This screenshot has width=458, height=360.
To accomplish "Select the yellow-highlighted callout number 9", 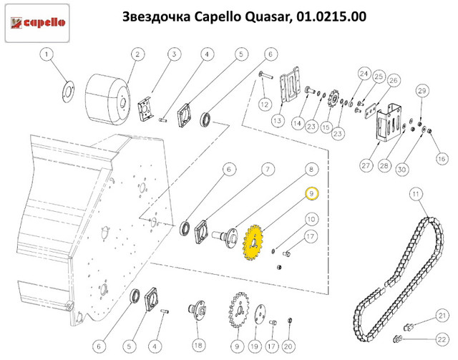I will coord(312,193).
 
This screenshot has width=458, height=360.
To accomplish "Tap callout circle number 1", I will coord(47,54).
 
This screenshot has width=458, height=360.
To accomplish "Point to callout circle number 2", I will coord(137,54).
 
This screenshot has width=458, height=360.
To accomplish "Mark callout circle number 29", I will coord(422,91).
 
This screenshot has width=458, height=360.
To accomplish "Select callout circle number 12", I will coord(263,104).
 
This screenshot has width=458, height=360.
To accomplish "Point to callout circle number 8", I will coord(311,170).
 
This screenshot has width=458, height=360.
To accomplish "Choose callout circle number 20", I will coord(289,346).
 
